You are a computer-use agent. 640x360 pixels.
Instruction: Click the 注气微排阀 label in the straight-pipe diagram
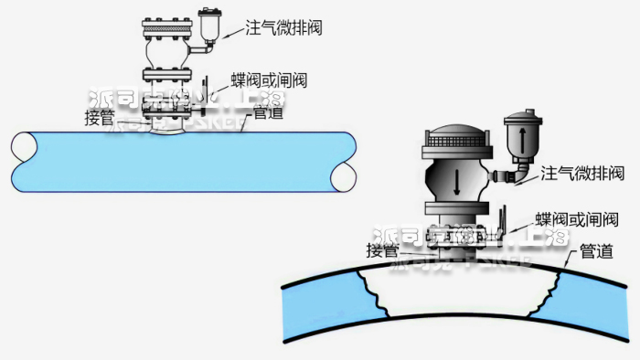coord(283,28)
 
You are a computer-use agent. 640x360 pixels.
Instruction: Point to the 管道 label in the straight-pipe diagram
coord(267,113)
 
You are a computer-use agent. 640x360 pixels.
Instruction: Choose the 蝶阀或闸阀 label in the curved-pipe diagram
coord(576,220)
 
